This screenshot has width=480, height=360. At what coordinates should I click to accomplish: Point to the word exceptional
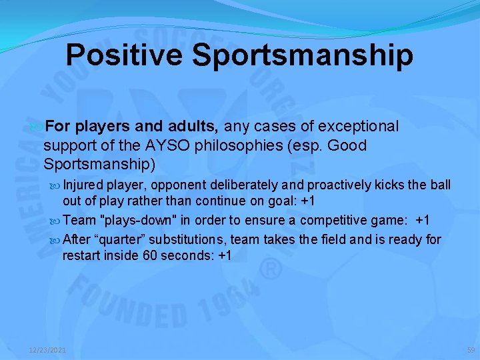359,127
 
